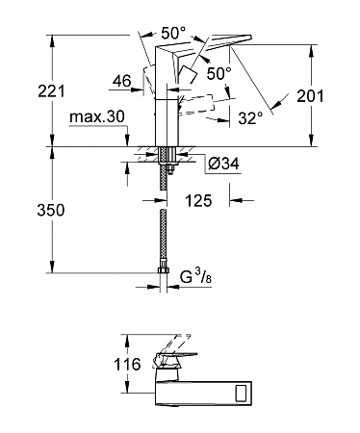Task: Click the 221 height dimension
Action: pyautogui.click(x=51, y=91)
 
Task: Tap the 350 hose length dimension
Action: pyautogui.click(x=51, y=211)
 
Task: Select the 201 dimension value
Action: pyautogui.click(x=310, y=96)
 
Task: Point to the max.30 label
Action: pyautogui.click(x=97, y=117)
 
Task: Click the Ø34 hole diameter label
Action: pyautogui.click(x=223, y=164)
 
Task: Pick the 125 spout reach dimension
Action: pyautogui.click(x=198, y=201)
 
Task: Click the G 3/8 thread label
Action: pyautogui.click(x=195, y=277)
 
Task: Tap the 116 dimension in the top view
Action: pyautogui.click(x=127, y=365)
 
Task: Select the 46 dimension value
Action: pyautogui.click(x=122, y=81)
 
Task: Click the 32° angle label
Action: pyautogui.click(x=250, y=118)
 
